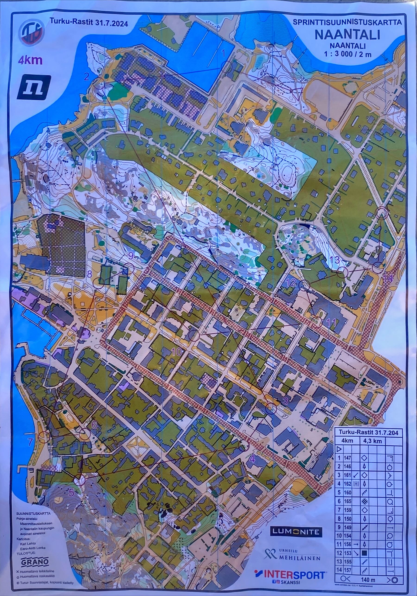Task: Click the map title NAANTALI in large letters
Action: [347, 35]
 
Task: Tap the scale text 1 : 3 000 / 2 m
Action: [348, 54]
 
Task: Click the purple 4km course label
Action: [30, 60]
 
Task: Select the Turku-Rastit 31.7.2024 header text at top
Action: [89, 23]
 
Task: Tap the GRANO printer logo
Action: [35, 560]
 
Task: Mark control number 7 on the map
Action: [30, 441]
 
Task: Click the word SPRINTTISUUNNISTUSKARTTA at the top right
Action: [347, 22]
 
